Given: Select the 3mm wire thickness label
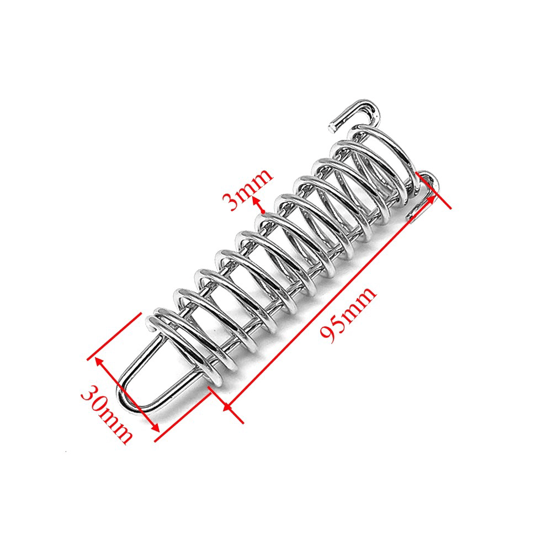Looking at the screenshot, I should click(247, 189).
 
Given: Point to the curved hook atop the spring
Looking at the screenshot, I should click(359, 110).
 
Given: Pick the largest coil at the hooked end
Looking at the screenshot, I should click(386, 160).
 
